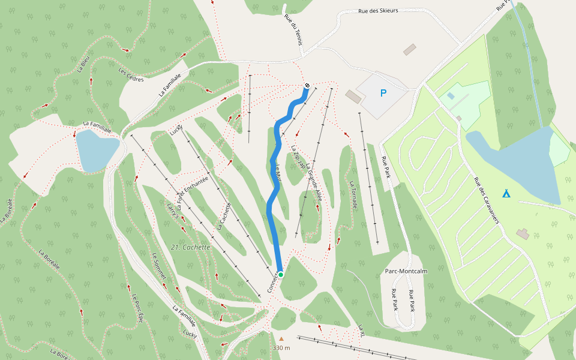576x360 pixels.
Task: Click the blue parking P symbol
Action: [x=383, y=93]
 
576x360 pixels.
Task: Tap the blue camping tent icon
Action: [x=506, y=193]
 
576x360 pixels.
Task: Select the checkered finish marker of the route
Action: [x=307, y=86]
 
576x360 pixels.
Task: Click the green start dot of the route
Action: [x=280, y=274]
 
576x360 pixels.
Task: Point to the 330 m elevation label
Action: [x=281, y=348]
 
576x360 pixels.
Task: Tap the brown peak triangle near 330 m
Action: [x=281, y=338]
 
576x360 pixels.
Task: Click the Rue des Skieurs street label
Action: [x=378, y=11]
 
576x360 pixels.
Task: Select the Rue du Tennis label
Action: [x=294, y=31]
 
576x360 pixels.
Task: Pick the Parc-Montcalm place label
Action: [x=406, y=271]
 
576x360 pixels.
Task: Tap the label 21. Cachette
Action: [x=190, y=247]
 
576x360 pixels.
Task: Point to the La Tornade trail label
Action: [x=355, y=195]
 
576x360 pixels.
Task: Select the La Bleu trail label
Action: [x=83, y=64]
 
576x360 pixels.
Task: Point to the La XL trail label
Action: [x=361, y=329]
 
